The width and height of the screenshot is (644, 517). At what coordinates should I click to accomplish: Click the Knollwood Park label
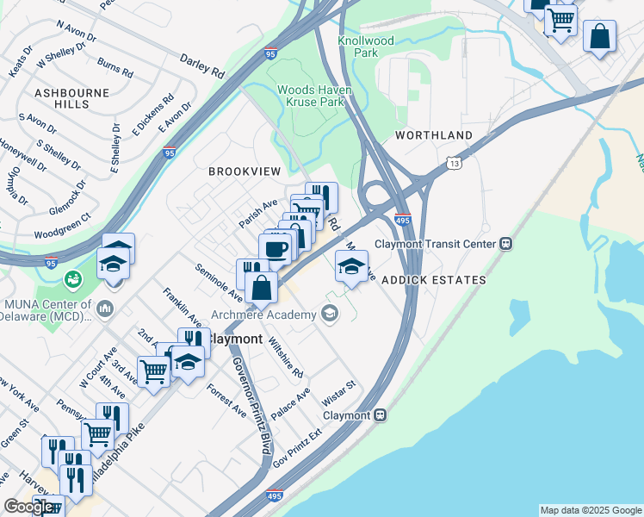366,47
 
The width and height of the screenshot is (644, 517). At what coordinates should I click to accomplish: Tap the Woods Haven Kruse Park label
311,96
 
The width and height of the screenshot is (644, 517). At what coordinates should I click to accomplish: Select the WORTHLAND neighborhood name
434,136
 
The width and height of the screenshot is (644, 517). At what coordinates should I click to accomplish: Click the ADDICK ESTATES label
434,280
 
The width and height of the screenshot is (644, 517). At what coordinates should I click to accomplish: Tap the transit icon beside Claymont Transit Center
506,244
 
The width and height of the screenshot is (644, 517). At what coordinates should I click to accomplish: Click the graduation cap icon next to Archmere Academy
328,315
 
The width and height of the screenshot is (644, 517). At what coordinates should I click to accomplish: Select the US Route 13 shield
454,162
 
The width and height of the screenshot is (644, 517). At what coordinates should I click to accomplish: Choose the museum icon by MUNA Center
105,308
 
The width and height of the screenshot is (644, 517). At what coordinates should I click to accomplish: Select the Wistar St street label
338,390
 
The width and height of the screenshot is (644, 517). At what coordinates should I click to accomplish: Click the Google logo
29,507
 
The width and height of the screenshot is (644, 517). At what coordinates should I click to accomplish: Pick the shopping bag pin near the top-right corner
599,37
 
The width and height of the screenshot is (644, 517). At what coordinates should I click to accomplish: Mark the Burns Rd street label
115,67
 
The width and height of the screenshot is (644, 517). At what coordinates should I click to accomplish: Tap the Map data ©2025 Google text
591,510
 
